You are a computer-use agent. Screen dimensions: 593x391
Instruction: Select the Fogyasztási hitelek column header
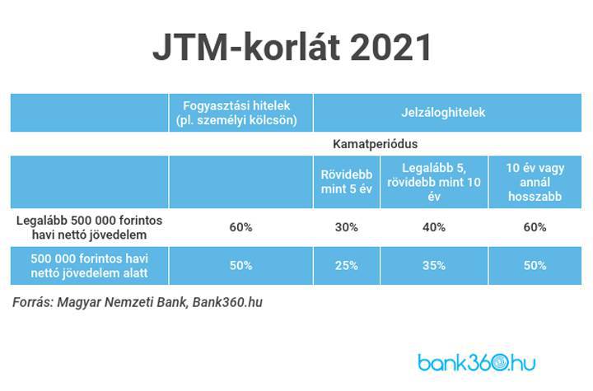click(x=236, y=113)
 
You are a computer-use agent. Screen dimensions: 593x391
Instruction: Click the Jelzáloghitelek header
click(x=443, y=112)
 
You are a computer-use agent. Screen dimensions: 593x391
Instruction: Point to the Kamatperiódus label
click(x=376, y=144)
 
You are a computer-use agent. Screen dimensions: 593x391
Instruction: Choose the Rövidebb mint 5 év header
click(x=347, y=182)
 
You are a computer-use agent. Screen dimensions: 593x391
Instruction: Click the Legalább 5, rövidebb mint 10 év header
click(x=434, y=182)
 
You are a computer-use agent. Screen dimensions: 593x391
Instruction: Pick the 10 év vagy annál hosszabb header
click(x=535, y=182)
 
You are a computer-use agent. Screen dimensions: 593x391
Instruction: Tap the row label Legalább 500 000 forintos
click(x=89, y=220)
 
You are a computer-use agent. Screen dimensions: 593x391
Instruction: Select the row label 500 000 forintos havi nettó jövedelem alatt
click(x=89, y=266)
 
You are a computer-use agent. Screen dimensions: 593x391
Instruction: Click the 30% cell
click(x=347, y=227)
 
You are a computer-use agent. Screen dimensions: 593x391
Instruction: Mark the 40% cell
click(x=434, y=227)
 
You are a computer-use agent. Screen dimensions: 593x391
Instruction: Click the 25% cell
click(x=347, y=265)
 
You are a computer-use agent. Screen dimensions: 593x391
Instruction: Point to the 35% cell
click(x=434, y=265)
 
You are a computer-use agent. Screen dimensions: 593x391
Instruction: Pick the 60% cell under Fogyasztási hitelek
click(x=240, y=227)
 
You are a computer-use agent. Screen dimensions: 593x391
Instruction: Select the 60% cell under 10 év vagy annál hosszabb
click(x=535, y=227)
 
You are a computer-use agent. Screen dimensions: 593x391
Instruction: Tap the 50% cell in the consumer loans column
click(x=240, y=265)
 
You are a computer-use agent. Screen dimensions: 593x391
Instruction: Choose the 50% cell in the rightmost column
click(x=535, y=265)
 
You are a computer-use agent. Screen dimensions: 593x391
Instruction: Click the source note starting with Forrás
click(x=138, y=303)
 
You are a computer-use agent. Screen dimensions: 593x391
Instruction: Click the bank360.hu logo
click(x=477, y=362)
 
